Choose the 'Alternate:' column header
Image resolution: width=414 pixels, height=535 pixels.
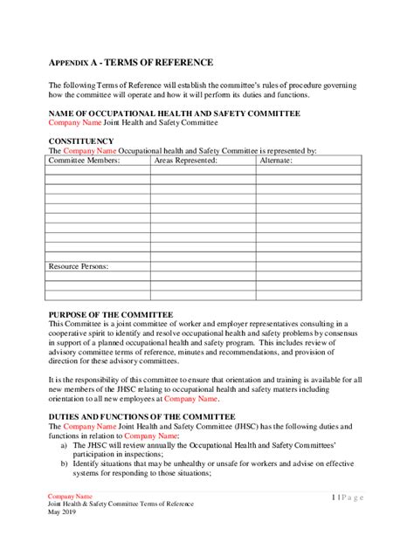point(278,161)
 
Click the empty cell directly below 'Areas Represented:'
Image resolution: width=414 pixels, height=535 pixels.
point(204,170)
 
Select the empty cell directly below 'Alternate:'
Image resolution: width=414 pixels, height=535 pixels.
point(308,170)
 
